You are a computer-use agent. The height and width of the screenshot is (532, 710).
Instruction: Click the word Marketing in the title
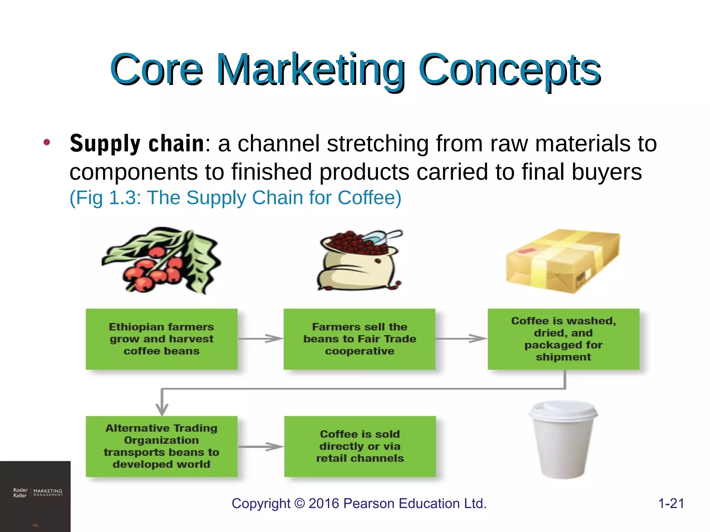[x=310, y=69]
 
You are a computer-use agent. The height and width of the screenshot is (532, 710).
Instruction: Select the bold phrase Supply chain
[x=137, y=143]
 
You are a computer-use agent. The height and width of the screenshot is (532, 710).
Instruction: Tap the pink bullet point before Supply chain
[x=47, y=142]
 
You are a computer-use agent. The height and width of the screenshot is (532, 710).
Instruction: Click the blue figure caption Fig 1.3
[x=235, y=198]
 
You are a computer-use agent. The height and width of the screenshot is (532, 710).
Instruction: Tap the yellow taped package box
[x=562, y=260]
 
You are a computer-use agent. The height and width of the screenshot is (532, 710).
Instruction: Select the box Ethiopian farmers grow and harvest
[x=162, y=339]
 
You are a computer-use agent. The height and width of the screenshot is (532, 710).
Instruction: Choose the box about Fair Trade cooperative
[x=359, y=339]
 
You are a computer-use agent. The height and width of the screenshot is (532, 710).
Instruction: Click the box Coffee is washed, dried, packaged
[x=563, y=339]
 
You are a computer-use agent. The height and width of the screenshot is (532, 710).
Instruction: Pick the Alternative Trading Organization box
[x=162, y=446]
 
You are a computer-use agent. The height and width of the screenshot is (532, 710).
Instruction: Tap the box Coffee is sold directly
[x=360, y=446]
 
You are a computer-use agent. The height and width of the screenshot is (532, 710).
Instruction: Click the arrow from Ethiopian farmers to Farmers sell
[x=261, y=338]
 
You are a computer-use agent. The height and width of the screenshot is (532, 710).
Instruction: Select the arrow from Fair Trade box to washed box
[x=461, y=338]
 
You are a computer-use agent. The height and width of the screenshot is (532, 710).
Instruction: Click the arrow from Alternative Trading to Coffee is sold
[x=261, y=446]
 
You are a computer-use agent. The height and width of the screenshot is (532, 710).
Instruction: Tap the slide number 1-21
[x=671, y=503]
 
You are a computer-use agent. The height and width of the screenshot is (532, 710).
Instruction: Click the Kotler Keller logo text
[x=20, y=493]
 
